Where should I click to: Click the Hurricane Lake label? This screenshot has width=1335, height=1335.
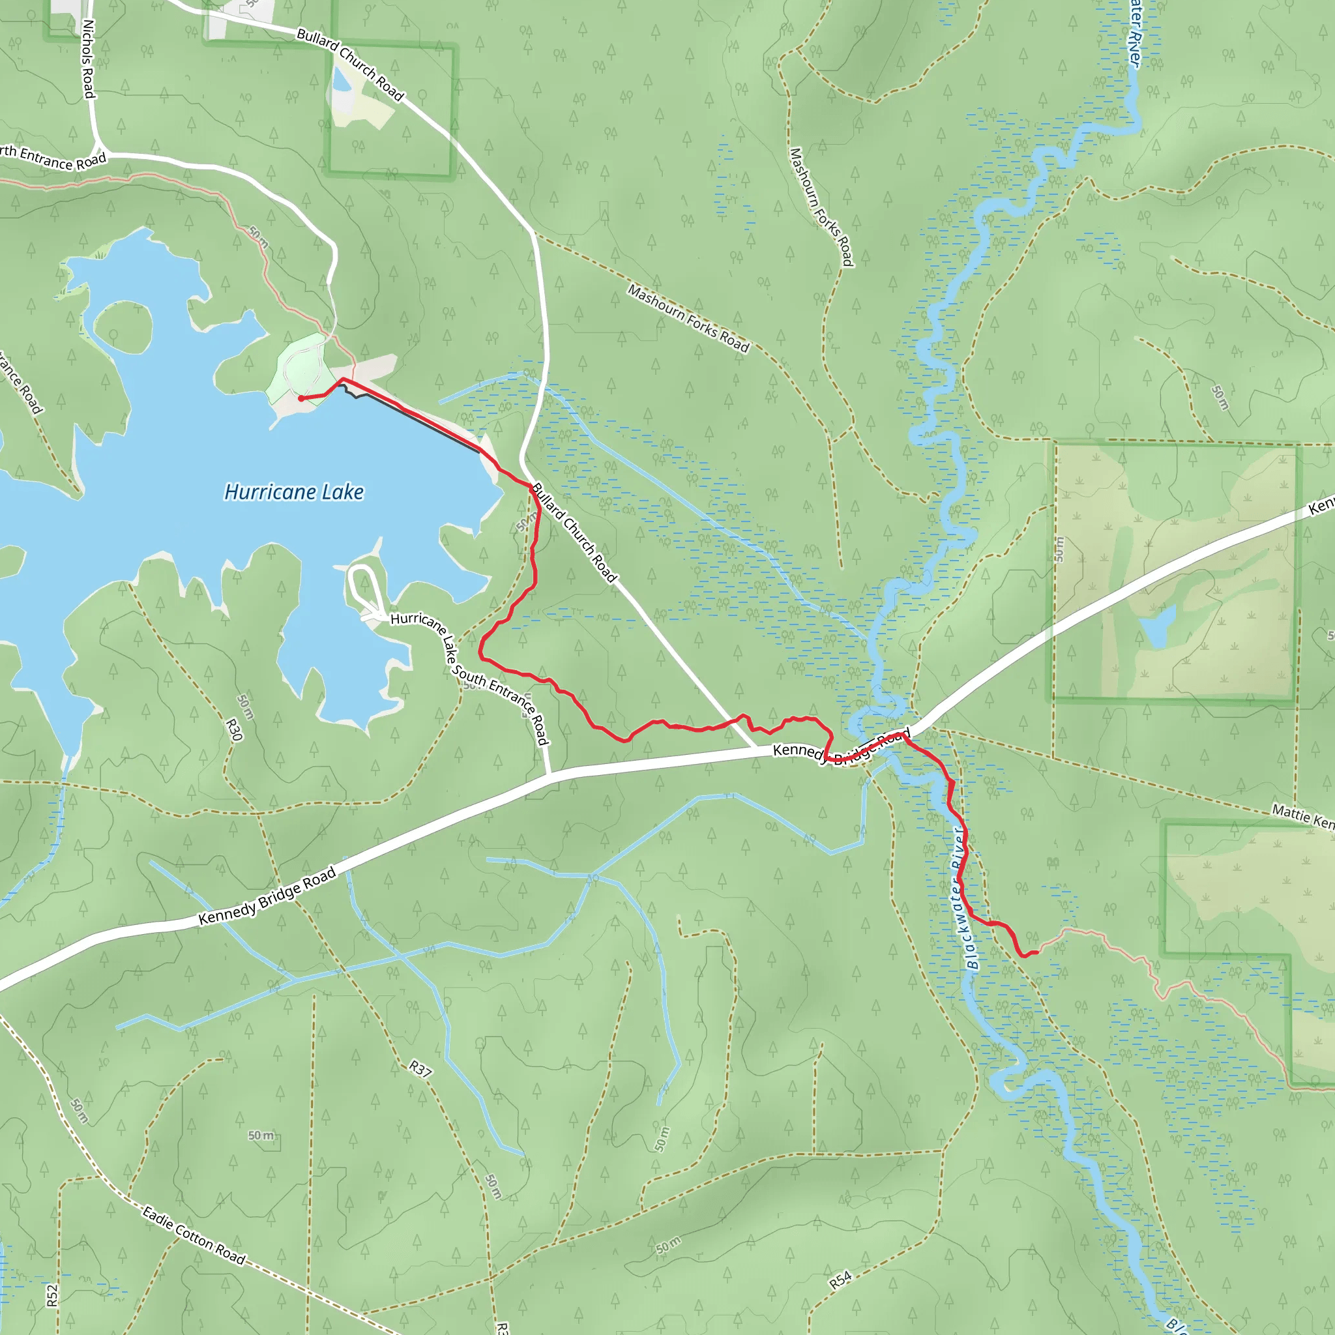(x=294, y=492)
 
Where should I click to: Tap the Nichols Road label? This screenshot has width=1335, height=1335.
(x=89, y=59)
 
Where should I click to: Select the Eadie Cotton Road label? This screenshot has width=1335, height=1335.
(x=194, y=1235)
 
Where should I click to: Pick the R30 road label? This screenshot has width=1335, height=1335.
(x=234, y=729)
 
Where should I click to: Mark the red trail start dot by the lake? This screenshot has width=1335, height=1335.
(x=301, y=399)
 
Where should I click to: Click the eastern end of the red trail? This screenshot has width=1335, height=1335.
(x=1036, y=953)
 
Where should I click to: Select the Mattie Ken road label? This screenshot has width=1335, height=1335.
(x=1302, y=817)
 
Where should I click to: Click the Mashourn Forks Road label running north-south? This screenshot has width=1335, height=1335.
(x=821, y=207)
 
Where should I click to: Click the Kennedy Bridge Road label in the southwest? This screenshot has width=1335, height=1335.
(x=267, y=896)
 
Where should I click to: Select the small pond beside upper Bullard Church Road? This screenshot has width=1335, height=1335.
(x=341, y=80)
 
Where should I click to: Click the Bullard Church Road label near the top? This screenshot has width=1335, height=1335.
(x=349, y=65)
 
